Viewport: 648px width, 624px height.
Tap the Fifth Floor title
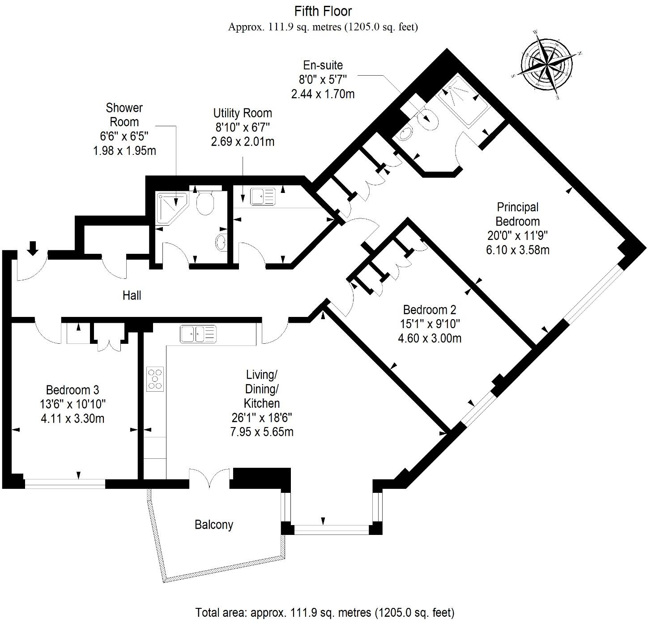click(323, 11)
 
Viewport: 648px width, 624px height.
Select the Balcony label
click(214, 525)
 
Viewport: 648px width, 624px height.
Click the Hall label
click(132, 295)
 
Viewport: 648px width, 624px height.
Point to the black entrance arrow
click(33, 248)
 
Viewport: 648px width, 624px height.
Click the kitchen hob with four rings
click(155, 379)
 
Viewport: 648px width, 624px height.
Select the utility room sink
click(262, 196)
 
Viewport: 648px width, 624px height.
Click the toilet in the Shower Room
click(206, 202)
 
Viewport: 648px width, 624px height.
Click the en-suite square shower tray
click(461, 102)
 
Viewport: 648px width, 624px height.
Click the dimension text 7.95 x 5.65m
click(262, 432)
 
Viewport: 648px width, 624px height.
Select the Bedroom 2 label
click(429, 310)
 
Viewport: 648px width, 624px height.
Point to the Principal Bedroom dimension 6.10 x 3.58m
click(517, 250)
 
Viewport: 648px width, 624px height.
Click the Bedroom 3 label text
click(72, 390)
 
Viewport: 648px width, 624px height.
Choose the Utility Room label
click(243, 113)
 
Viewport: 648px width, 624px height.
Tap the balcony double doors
click(209, 478)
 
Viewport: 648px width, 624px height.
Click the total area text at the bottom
click(324, 612)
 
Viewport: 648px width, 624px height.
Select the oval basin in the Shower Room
click(221, 243)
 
